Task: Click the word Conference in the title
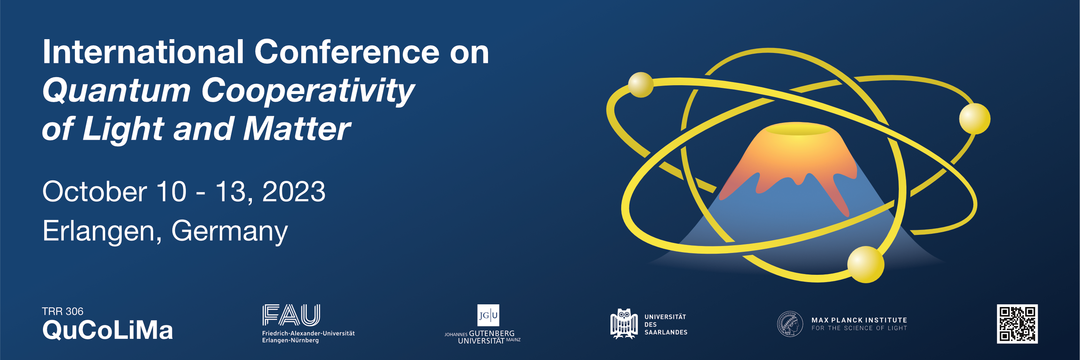(x=347, y=52)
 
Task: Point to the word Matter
(x=296, y=129)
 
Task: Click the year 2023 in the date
(x=294, y=192)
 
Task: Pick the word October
(x=95, y=192)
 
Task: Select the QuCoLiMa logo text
(x=108, y=330)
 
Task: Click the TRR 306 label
(x=63, y=311)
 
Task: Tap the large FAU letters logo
(x=291, y=315)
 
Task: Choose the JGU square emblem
(x=488, y=315)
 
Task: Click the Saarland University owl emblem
(x=624, y=324)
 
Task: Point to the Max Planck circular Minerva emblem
(x=790, y=324)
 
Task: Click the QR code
(x=1017, y=324)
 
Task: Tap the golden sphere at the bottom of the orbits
(x=866, y=264)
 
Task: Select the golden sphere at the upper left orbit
(x=641, y=85)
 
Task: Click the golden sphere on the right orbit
(x=975, y=119)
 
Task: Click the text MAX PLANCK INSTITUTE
(x=859, y=320)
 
